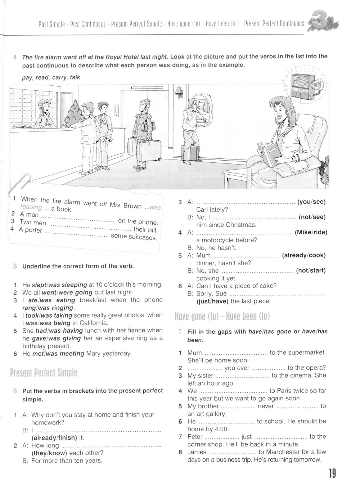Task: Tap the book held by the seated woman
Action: click(x=268, y=153)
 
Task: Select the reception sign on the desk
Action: click(x=22, y=127)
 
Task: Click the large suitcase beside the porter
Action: click(x=150, y=151)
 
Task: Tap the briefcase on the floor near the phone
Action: click(x=195, y=153)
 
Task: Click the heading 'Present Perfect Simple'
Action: click(x=44, y=373)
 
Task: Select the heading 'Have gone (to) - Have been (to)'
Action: click(x=222, y=316)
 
